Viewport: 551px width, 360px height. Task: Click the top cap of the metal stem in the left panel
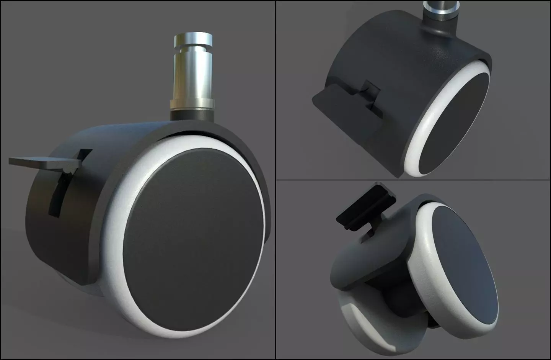tap(193, 39)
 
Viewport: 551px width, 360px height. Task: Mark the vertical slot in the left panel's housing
tap(57, 195)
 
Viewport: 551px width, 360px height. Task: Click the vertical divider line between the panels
tap(275, 230)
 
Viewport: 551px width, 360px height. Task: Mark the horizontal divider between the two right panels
tap(413, 180)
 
